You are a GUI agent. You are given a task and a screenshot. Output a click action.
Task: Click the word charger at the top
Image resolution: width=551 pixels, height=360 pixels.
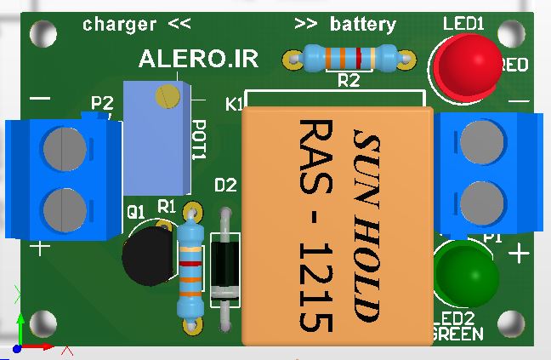[x=120, y=24]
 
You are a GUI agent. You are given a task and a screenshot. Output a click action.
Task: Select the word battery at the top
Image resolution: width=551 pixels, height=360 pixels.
[x=362, y=24]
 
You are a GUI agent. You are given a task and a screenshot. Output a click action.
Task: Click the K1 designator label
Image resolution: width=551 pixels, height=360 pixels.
[x=234, y=105]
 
